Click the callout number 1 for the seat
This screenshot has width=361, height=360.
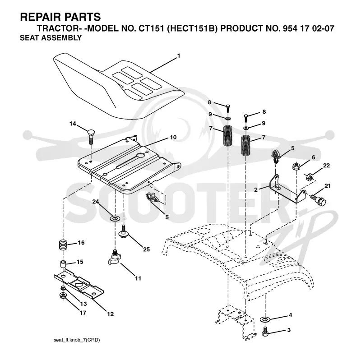179,55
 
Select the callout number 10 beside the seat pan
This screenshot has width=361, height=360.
173,137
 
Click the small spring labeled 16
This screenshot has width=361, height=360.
62,245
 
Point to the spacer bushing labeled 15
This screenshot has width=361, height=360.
63,264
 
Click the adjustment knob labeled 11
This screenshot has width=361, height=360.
114,258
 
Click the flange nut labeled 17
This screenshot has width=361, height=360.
63,295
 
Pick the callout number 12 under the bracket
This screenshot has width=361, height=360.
110,314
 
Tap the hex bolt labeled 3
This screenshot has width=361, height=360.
265,331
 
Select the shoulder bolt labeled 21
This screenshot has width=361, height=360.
318,199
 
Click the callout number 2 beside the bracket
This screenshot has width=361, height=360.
256,190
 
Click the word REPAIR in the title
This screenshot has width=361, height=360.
37,17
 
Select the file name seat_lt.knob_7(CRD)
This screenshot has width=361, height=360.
77,340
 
